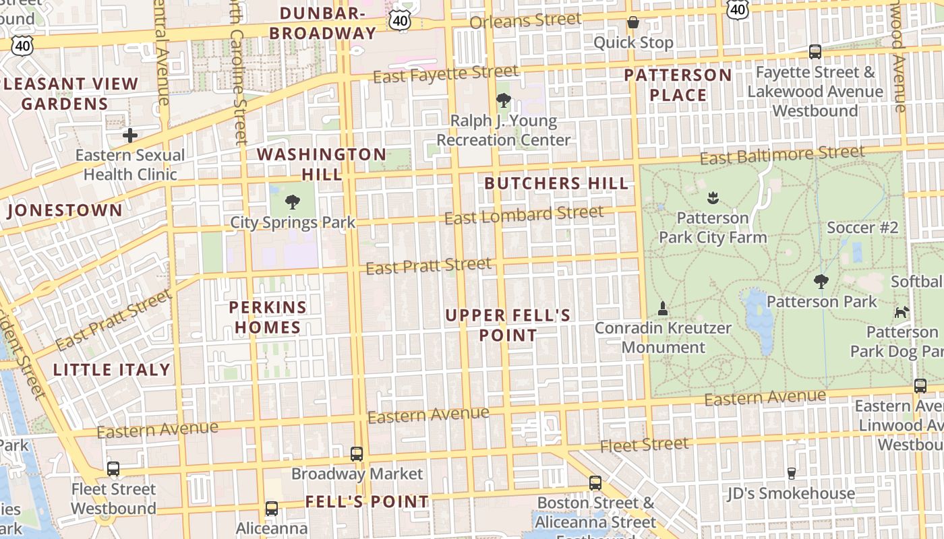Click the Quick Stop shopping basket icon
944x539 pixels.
(x=632, y=23)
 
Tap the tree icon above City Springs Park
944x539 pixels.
(x=293, y=201)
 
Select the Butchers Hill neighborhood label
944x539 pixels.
(x=556, y=183)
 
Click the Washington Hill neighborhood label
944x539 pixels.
(x=322, y=164)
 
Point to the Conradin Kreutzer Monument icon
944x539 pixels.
(x=662, y=309)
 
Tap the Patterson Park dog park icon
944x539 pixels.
(x=902, y=312)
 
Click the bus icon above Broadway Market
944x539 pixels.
(x=357, y=454)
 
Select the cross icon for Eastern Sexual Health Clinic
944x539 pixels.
(x=130, y=135)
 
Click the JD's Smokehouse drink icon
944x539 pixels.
(x=792, y=474)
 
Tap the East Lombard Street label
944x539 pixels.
(x=524, y=216)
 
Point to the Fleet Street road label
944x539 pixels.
(x=644, y=445)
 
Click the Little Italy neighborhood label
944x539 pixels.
(x=112, y=370)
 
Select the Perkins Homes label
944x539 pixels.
(x=268, y=317)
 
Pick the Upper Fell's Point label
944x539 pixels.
(x=508, y=325)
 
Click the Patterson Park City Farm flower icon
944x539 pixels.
(x=713, y=198)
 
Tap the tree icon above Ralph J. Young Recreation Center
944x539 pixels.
(x=503, y=101)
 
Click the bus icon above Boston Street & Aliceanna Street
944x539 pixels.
(x=595, y=483)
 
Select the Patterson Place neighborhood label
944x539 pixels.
(x=678, y=85)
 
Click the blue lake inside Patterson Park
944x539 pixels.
(x=759, y=317)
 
